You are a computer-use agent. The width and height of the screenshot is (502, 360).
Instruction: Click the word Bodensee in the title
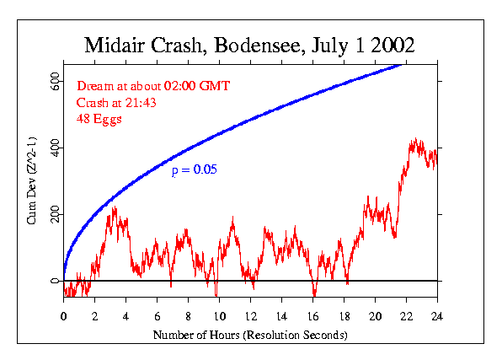(258, 46)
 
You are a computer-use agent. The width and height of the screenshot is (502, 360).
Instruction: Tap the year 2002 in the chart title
(393, 45)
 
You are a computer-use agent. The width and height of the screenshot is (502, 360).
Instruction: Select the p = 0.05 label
(195, 170)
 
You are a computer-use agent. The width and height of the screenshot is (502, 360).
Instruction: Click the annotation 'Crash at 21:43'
(116, 103)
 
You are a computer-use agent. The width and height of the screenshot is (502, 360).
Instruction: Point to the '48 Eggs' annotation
(99, 119)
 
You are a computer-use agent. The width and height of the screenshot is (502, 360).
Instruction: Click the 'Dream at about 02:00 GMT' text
(153, 86)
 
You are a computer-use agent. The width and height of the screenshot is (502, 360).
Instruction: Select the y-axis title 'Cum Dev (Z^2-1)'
(31, 180)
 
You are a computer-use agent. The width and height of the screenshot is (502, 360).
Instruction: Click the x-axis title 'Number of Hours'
(196, 335)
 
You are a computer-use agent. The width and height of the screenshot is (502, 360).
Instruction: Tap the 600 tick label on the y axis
(55, 82)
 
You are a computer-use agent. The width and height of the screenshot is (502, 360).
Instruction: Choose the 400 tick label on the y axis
(55, 148)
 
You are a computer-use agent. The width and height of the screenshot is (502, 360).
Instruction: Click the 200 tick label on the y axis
(55, 214)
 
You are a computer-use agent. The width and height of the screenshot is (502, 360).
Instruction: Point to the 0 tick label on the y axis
(55, 281)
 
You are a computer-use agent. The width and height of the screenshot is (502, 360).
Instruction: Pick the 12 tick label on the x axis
(251, 316)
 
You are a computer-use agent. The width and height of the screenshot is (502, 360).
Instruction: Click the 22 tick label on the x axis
(406, 316)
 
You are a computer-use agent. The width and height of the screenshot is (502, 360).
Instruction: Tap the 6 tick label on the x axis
(158, 316)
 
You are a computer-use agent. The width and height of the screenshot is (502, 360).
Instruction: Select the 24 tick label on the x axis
(437, 316)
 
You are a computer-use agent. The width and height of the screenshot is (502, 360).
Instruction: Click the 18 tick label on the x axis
(344, 316)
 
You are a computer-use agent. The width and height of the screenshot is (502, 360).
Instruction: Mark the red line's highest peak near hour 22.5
(416, 138)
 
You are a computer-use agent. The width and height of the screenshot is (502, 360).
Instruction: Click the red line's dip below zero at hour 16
(314, 295)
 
